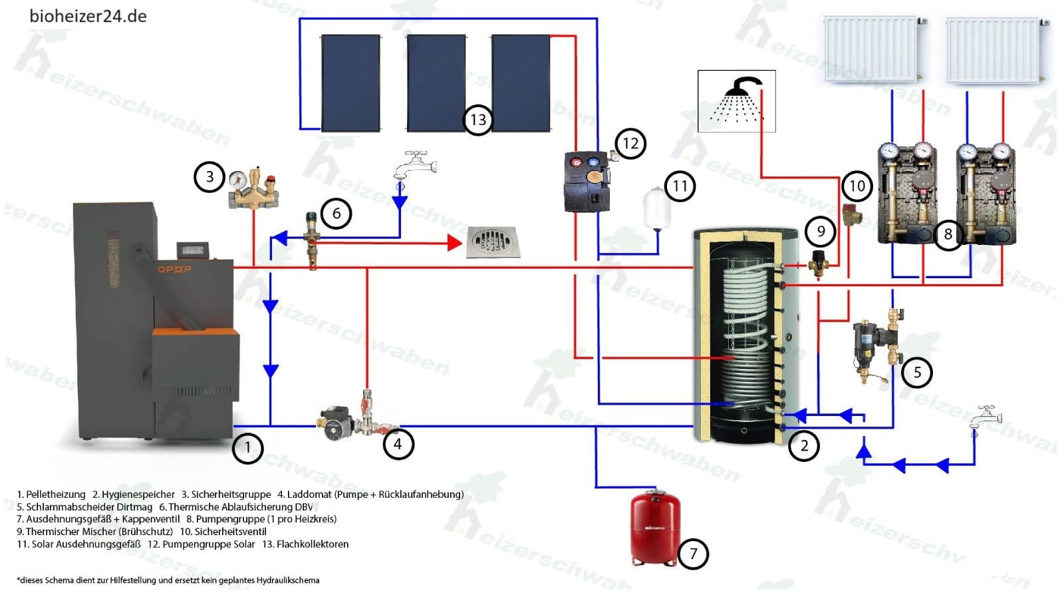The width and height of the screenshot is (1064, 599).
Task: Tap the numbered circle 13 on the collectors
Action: coord(478,120)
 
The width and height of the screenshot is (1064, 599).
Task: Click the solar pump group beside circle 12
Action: coord(587,181)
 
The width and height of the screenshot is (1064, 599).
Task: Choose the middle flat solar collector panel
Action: coord(436,83)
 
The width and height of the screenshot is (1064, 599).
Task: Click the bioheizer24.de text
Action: coord(88,16)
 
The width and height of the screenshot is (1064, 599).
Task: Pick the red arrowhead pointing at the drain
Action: coord(456,243)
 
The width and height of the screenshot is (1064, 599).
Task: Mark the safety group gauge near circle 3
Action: coord(237,179)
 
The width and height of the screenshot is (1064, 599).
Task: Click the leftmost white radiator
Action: coord(870,50)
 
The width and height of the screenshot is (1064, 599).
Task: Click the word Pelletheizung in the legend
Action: coord(56,495)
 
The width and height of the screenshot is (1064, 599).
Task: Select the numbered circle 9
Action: coord(821,231)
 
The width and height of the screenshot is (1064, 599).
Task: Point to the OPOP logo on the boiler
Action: coord(173,269)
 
